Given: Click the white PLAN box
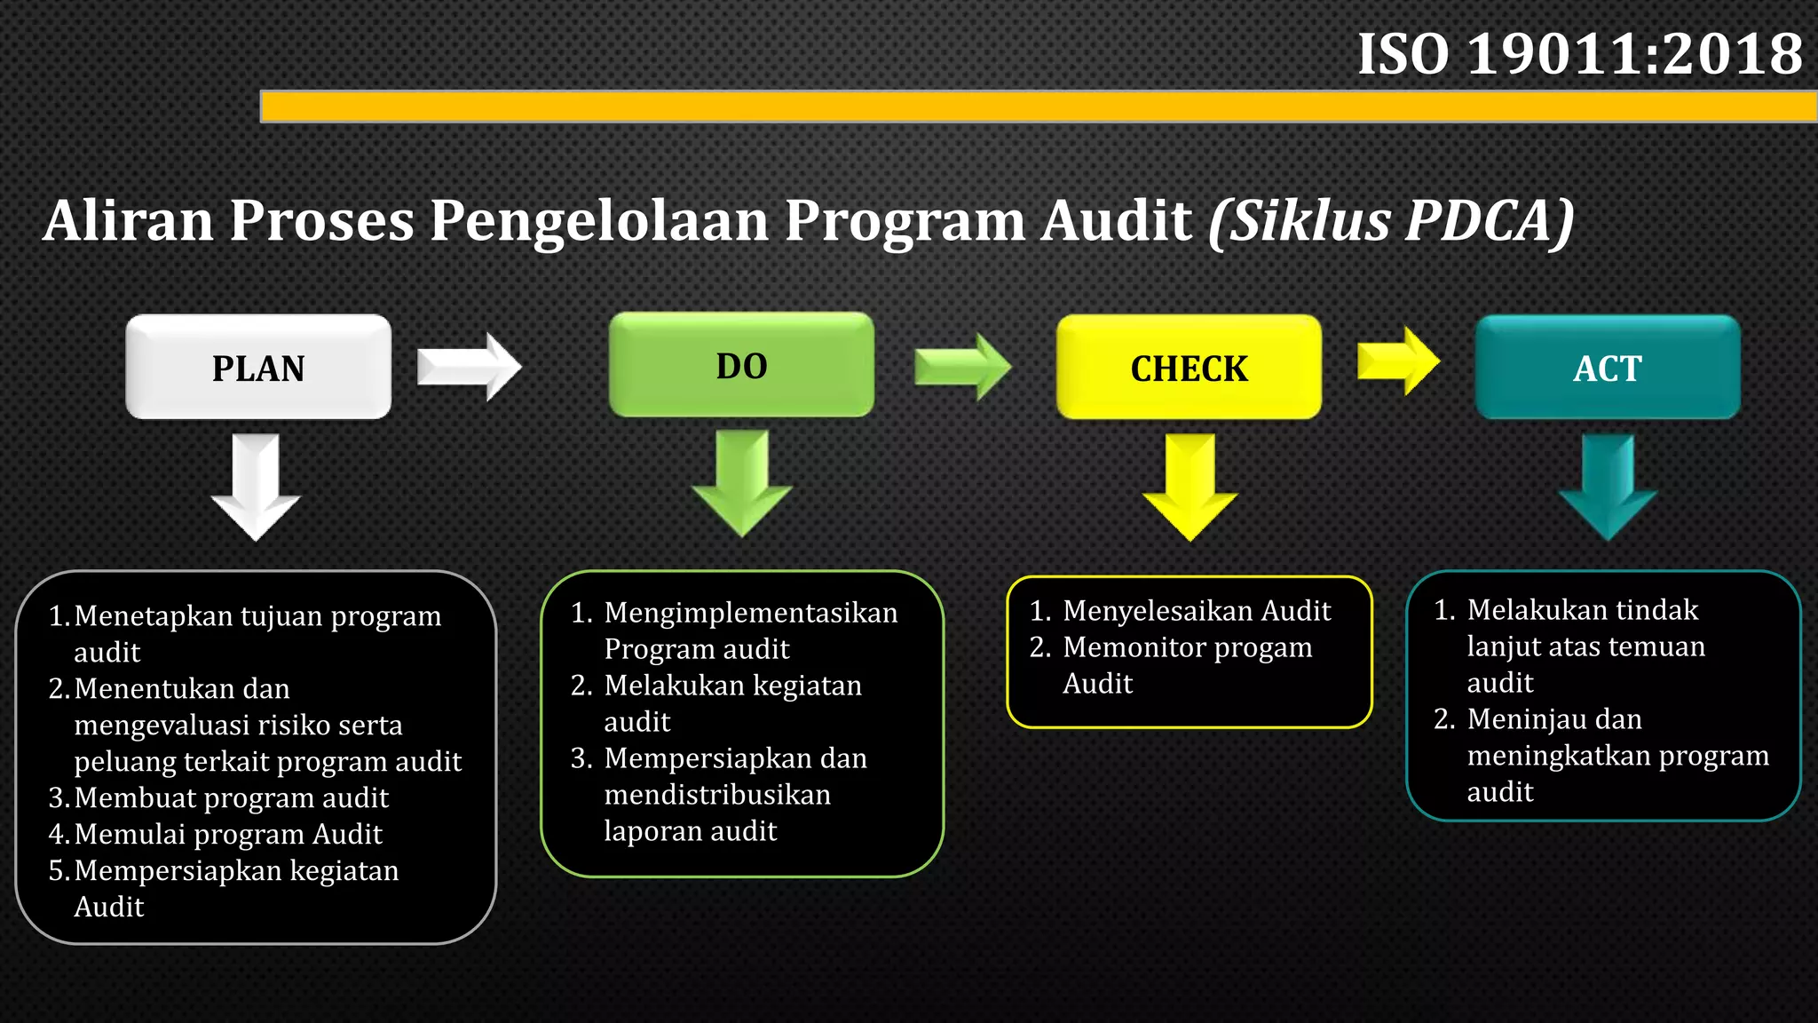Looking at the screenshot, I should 258,367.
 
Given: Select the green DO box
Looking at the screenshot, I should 741,365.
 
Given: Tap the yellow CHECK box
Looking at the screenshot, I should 1189,368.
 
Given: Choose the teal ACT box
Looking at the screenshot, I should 1608,368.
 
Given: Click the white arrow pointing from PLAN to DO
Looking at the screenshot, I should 470,367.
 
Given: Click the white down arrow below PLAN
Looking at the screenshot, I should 256,487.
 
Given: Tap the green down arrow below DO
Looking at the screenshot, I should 742,483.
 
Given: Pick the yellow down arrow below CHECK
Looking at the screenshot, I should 1190,487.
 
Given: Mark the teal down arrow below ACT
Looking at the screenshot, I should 1608,487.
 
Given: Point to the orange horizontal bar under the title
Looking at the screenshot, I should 1039,107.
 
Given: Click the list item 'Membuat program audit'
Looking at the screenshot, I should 231,797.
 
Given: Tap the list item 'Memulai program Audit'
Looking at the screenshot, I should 228,834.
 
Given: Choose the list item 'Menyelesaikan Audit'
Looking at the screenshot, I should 1197,610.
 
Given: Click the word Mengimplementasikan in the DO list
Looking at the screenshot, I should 751,612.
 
